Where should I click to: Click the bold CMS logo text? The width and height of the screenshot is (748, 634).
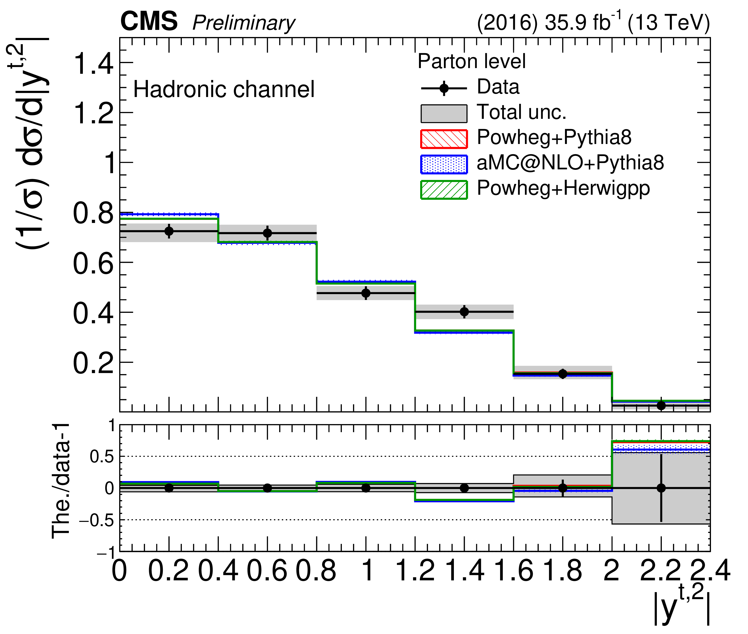[149, 22]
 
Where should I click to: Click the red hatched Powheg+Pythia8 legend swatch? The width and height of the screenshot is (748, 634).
[444, 139]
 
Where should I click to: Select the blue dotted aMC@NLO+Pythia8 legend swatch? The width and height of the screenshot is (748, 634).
[444, 164]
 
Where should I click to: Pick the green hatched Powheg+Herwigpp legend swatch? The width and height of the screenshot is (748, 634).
[444, 190]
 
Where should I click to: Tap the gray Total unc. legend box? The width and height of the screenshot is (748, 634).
[444, 114]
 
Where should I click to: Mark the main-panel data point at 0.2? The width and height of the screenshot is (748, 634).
[169, 231]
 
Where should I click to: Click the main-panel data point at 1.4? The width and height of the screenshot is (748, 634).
[464, 312]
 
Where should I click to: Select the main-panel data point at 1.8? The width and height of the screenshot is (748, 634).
[563, 374]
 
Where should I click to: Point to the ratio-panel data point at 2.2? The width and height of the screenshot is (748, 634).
[661, 488]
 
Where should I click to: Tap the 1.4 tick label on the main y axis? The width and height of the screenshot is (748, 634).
[93, 64]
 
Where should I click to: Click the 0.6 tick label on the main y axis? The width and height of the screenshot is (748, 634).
[93, 264]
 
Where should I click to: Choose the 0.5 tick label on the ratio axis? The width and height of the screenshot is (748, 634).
[102, 457]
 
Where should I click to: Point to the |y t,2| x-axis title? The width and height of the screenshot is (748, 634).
[682, 607]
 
